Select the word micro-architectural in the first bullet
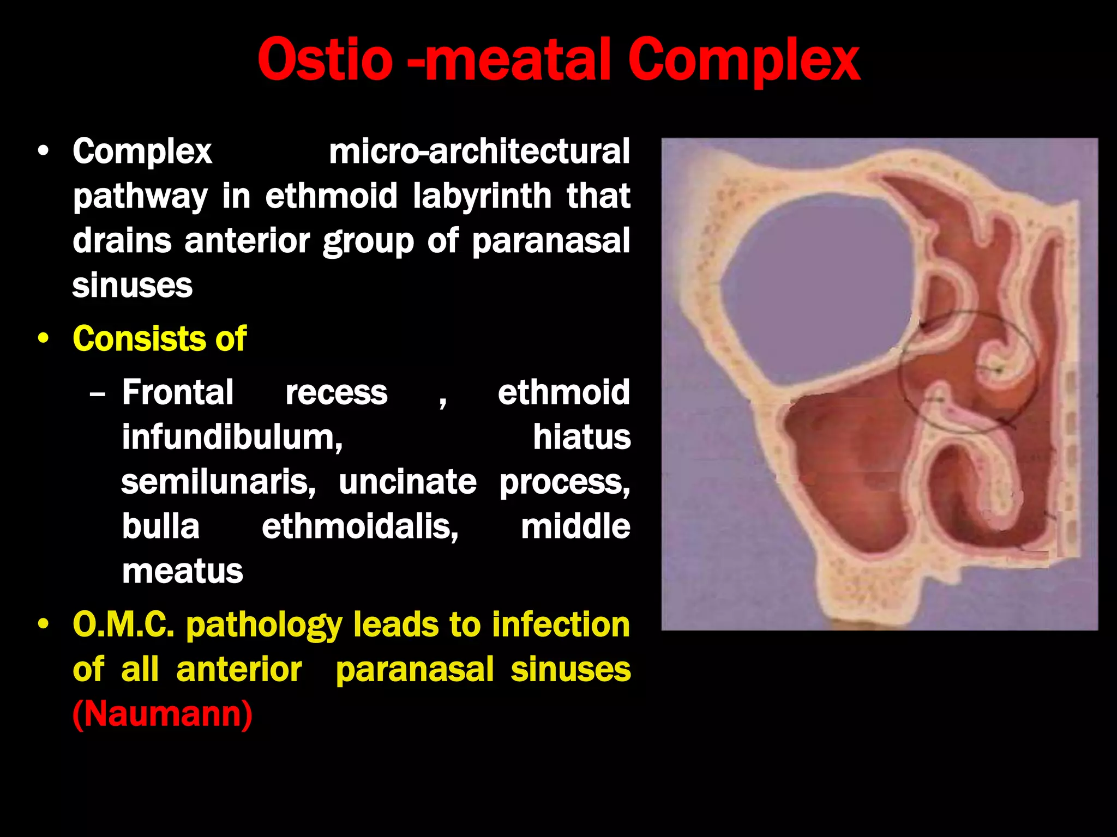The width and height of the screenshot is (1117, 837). [x=479, y=151]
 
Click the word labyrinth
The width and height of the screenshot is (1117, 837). [x=482, y=196]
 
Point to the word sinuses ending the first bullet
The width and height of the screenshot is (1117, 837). [x=133, y=286]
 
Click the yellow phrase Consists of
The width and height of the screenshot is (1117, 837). [x=159, y=339]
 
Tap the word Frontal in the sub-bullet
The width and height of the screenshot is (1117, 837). [x=178, y=392]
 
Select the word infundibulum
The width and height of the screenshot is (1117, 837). [x=232, y=437]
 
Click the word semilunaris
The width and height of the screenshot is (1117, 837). [x=218, y=482]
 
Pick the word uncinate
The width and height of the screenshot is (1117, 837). [x=407, y=482]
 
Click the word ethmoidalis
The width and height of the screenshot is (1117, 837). [x=360, y=527]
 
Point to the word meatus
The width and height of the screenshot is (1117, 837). [x=182, y=572]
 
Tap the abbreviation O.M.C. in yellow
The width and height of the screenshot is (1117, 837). [x=123, y=624]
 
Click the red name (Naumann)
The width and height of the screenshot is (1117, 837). [x=163, y=714]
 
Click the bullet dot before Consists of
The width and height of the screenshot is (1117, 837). [x=44, y=339]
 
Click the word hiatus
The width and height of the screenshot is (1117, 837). [x=581, y=437]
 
